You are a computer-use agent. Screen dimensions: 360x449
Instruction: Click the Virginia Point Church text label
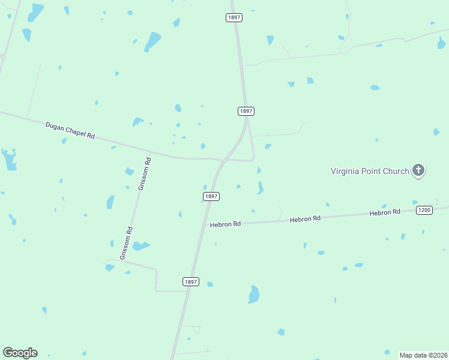pyautogui.click(x=369, y=171)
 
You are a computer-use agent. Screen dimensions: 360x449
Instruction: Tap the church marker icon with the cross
pyautogui.click(x=418, y=171)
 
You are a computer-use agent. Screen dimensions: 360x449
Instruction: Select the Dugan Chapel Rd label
pyautogui.click(x=70, y=130)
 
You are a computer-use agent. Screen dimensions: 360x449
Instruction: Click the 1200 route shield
pyautogui.click(x=424, y=209)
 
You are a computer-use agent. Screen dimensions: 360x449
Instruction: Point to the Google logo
pyautogui.click(x=20, y=353)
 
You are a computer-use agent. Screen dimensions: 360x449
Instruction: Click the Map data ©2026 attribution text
pyautogui.click(x=423, y=355)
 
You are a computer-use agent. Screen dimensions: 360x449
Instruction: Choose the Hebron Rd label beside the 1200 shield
pyautogui.click(x=385, y=212)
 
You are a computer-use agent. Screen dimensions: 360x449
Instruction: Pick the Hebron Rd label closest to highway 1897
pyautogui.click(x=225, y=224)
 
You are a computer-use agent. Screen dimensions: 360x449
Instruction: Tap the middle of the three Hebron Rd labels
pyautogui.click(x=306, y=219)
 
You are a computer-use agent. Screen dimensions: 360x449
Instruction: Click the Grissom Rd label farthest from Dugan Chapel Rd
pyautogui.click(x=126, y=243)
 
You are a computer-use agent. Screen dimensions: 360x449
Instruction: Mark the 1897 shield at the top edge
pyautogui.click(x=234, y=17)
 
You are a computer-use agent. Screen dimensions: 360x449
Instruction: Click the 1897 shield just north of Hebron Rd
pyautogui.click(x=211, y=196)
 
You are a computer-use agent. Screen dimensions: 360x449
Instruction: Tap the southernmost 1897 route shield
pyautogui.click(x=190, y=281)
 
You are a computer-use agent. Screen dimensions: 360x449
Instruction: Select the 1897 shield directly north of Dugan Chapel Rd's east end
pyautogui.click(x=246, y=111)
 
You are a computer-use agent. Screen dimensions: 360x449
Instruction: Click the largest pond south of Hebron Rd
pyautogui.click(x=254, y=295)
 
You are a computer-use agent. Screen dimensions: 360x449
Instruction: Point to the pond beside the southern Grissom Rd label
pyautogui.click(x=141, y=246)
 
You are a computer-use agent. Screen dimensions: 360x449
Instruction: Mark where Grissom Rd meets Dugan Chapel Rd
pyautogui.click(x=149, y=153)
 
